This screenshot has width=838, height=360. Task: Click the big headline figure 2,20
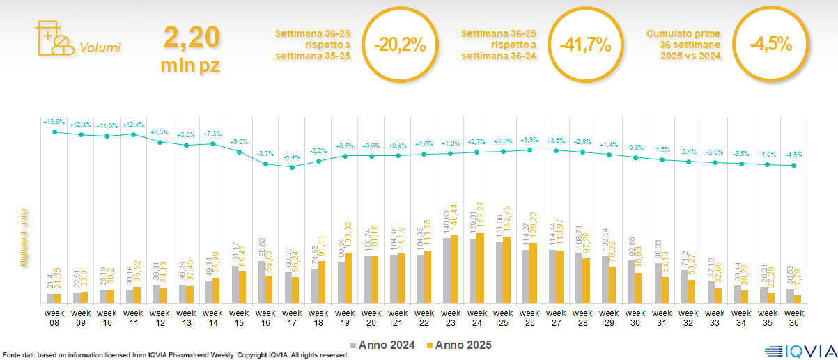click(192, 37)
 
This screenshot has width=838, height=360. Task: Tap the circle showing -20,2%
click(398, 45)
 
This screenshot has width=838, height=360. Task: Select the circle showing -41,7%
click(585, 45)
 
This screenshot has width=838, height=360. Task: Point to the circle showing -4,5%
click(770, 45)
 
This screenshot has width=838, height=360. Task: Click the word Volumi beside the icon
click(100, 48)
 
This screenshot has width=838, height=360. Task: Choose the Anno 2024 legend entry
click(385, 345)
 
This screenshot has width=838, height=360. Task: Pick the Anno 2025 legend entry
click(460, 345)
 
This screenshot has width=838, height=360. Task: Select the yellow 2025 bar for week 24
click(480, 268)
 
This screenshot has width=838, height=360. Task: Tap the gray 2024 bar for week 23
click(446, 271)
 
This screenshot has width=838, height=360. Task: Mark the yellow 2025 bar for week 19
click(348, 278)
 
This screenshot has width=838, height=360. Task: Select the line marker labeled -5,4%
click(293, 167)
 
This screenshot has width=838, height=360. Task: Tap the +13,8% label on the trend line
click(54, 122)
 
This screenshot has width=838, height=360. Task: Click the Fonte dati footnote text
click(174, 355)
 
